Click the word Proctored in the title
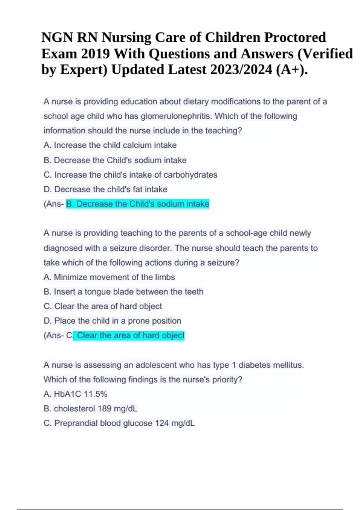coord(295,37)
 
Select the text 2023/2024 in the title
coord(241,70)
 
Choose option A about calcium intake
coord(110,145)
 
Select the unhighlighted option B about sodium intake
coord(115,160)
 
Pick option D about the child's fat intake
coord(105,189)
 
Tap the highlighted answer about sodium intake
coord(137,204)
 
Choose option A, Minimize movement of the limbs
coord(109,277)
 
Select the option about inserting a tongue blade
coord(123,292)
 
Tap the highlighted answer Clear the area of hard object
coord(129,335)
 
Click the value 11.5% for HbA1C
coord(95,394)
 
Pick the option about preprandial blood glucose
coord(119,423)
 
